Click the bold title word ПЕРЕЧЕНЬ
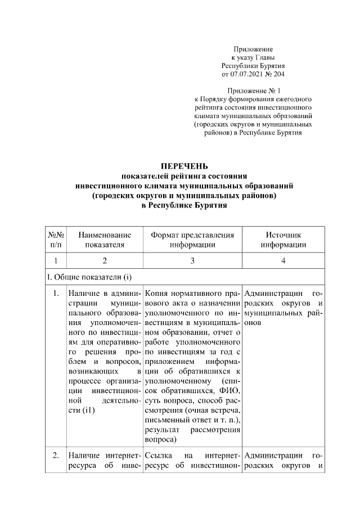pos(184,166)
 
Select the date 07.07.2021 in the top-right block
pos(247,74)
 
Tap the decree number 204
pos(286,74)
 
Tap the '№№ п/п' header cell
pos(56,239)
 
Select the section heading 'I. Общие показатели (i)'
pos(88,277)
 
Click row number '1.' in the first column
pos(56,293)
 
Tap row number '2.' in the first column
pos(56,456)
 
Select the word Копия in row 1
pos(156,293)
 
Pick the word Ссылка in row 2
pos(157,456)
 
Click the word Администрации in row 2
pos(273,456)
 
